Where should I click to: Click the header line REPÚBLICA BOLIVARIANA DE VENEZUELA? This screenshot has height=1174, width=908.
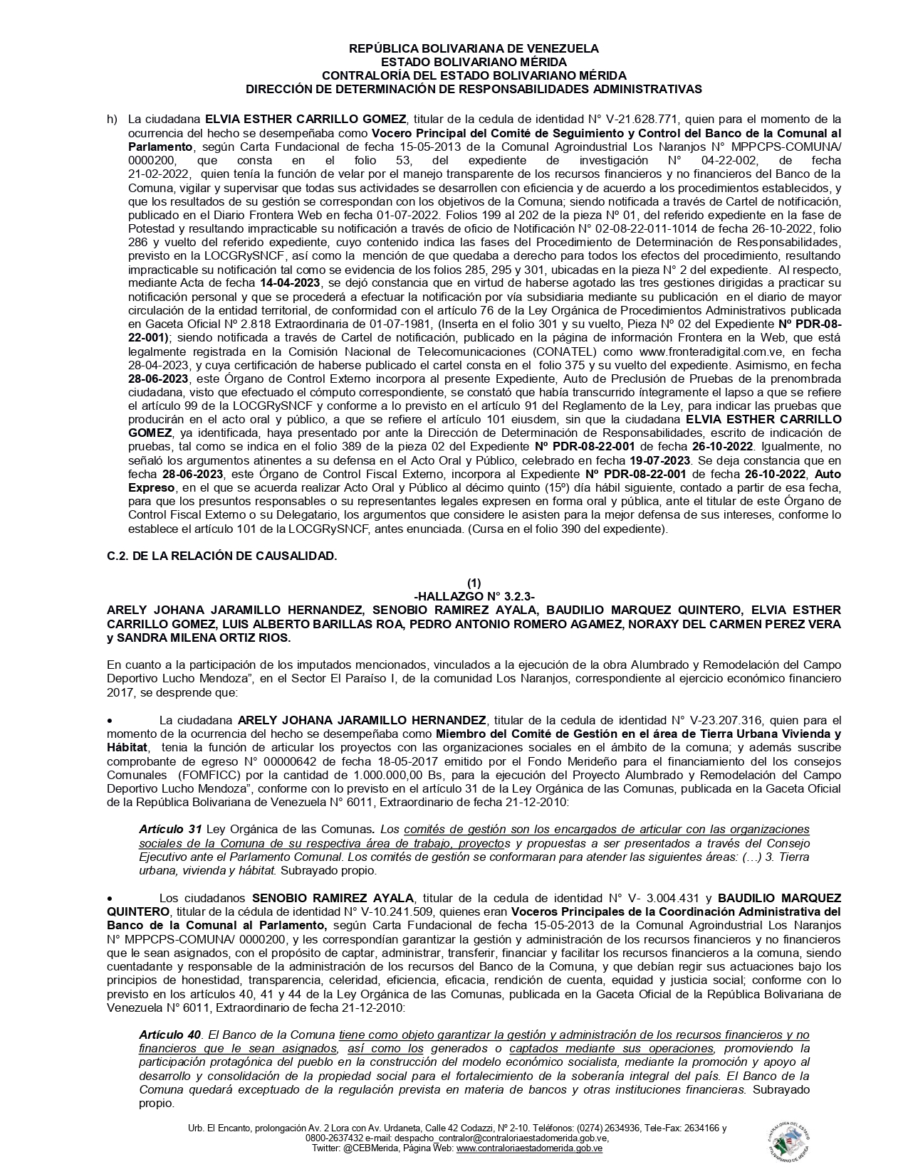[x=474, y=48]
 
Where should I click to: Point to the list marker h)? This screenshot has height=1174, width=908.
[x=112, y=119]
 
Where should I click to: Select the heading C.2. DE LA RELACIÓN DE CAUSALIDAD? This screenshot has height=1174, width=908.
[x=221, y=556]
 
